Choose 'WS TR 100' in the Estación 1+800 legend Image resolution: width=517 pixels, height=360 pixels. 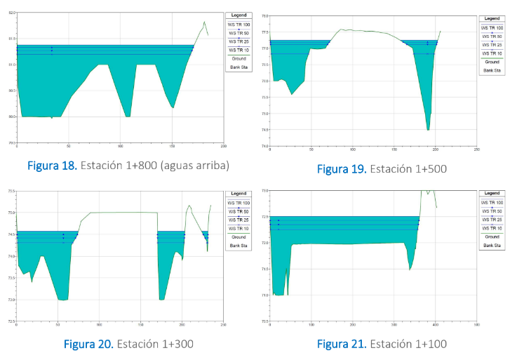tap(239, 24)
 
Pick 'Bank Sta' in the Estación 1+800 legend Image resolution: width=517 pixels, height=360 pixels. tap(239, 67)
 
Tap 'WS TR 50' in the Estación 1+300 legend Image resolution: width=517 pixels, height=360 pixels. tap(239, 211)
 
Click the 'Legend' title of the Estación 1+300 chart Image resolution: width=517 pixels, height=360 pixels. tap(239, 193)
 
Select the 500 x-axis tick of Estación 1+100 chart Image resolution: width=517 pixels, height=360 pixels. tap(477, 325)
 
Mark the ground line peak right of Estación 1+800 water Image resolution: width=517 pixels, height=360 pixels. tap(204, 22)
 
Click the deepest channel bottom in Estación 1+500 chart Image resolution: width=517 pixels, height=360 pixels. tap(428, 129)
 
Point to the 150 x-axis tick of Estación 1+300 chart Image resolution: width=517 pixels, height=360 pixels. tap(140, 325)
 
